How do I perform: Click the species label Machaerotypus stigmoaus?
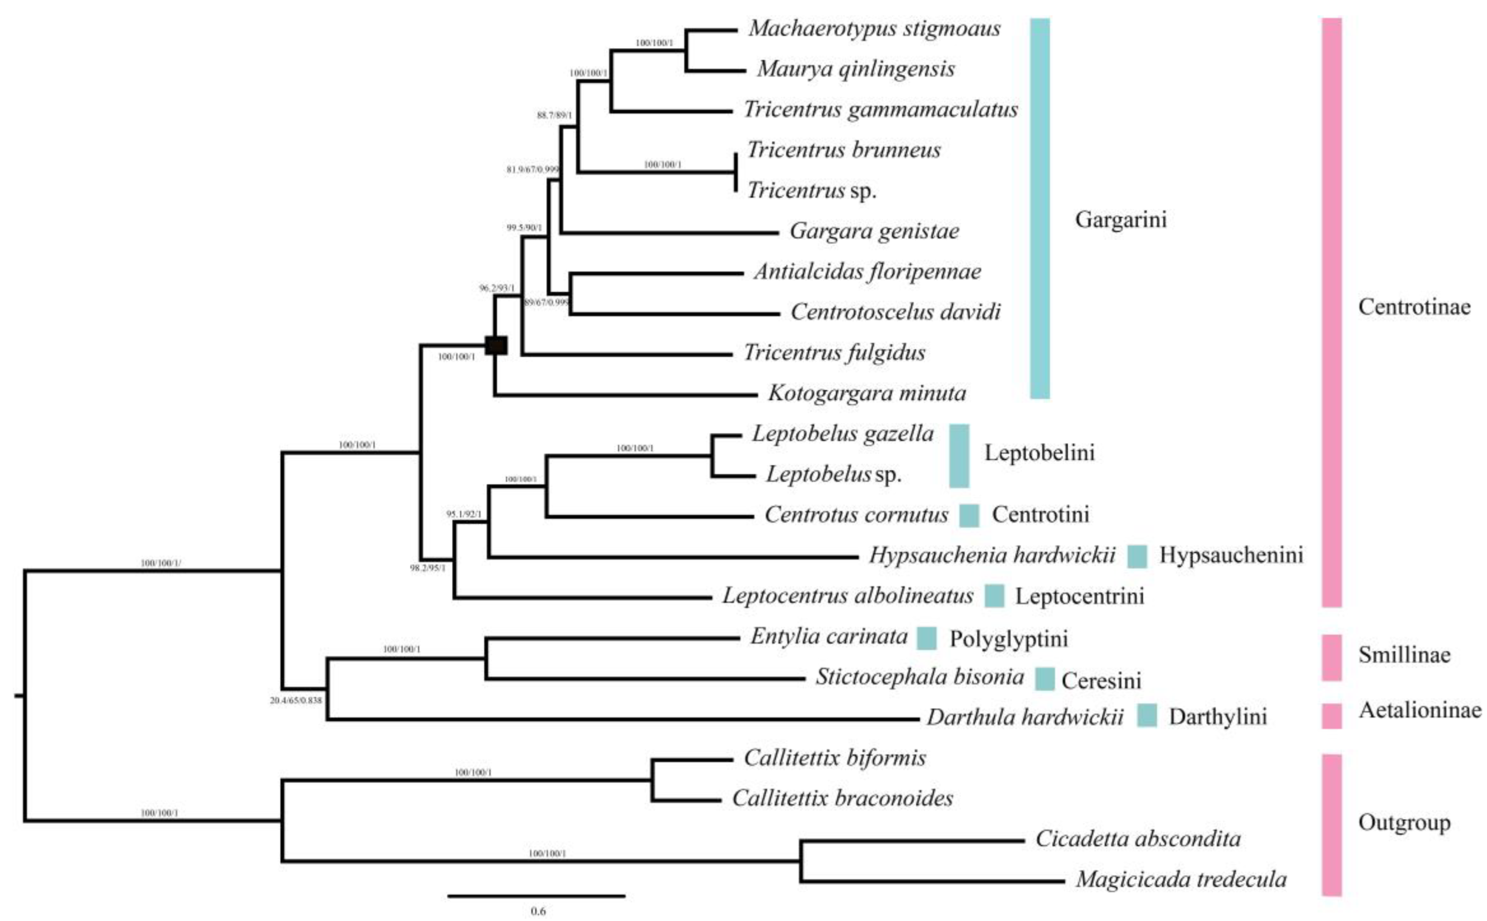[x=874, y=28]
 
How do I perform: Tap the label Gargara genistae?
[x=874, y=231]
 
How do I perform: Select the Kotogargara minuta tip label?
[x=867, y=393]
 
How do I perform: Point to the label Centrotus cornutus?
[x=856, y=515]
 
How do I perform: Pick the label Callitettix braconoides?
[x=842, y=798]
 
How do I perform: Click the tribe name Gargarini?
[x=1120, y=219]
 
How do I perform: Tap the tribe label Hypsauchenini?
[x=1230, y=555]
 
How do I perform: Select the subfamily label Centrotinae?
[x=1414, y=307]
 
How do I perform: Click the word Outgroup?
[x=1404, y=822]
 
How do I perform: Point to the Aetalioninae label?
[x=1420, y=710]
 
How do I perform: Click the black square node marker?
[x=496, y=345]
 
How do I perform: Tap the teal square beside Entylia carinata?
[x=927, y=638]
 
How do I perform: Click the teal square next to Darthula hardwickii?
[x=1147, y=715]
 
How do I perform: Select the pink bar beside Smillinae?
[x=1332, y=657]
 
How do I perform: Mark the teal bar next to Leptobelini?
[x=959, y=456]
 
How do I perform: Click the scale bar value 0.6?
[x=538, y=911]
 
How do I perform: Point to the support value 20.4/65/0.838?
[x=296, y=700]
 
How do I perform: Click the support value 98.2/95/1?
[x=427, y=568]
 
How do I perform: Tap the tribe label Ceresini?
[x=1101, y=680]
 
